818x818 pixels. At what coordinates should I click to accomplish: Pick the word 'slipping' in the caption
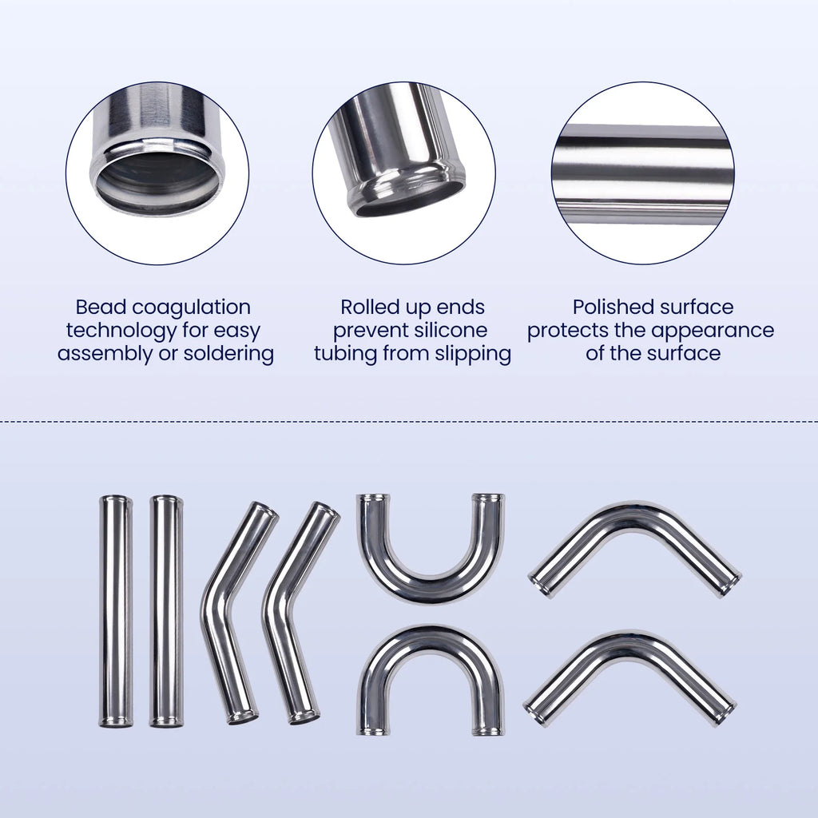(472, 354)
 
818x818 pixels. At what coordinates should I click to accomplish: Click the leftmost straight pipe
(116, 611)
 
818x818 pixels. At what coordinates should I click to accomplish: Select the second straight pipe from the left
(166, 611)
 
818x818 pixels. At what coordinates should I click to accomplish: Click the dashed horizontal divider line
(409, 420)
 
